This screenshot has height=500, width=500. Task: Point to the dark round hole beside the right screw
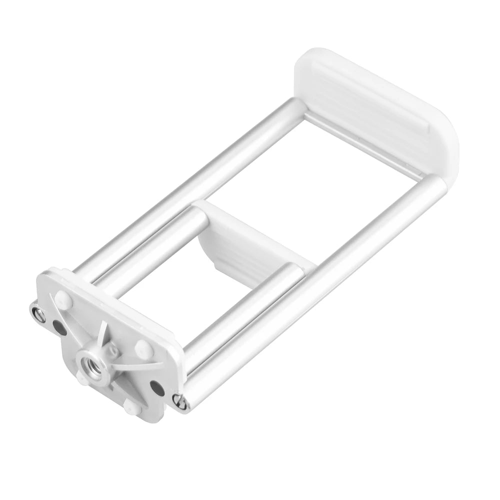[156, 386]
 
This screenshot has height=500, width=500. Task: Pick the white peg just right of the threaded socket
[143, 349]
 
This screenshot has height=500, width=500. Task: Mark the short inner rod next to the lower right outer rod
[240, 310]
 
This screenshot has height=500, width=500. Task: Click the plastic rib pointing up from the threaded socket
[102, 335]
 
